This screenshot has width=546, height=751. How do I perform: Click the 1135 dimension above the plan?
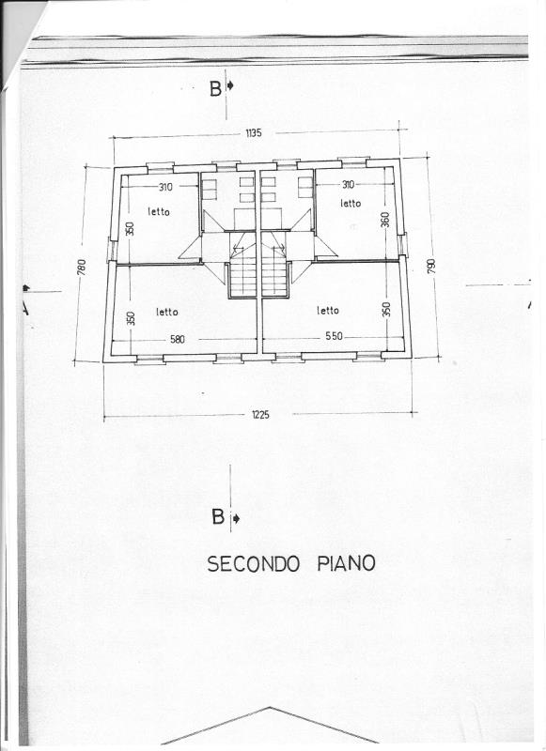(x=254, y=133)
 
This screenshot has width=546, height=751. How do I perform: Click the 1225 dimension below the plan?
(x=260, y=415)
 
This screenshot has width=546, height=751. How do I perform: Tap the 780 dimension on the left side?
(x=81, y=268)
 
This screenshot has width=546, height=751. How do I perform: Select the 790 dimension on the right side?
(x=431, y=267)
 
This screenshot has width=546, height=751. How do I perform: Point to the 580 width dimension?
(x=178, y=340)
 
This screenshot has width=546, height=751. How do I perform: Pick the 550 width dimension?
(x=335, y=336)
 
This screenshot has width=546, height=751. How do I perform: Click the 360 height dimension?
(x=386, y=220)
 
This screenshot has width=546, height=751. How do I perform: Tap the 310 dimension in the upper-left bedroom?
(x=165, y=187)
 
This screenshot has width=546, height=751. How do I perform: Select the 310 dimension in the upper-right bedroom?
(x=348, y=184)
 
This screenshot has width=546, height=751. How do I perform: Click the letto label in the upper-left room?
(x=159, y=211)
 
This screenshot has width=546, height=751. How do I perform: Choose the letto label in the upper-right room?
(x=351, y=204)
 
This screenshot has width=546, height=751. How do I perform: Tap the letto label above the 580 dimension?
(x=167, y=313)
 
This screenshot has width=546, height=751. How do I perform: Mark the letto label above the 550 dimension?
(x=328, y=311)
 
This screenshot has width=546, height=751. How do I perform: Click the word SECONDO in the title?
(x=254, y=564)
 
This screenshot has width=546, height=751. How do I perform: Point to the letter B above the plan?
(x=216, y=89)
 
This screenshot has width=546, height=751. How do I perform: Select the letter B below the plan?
(x=218, y=517)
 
